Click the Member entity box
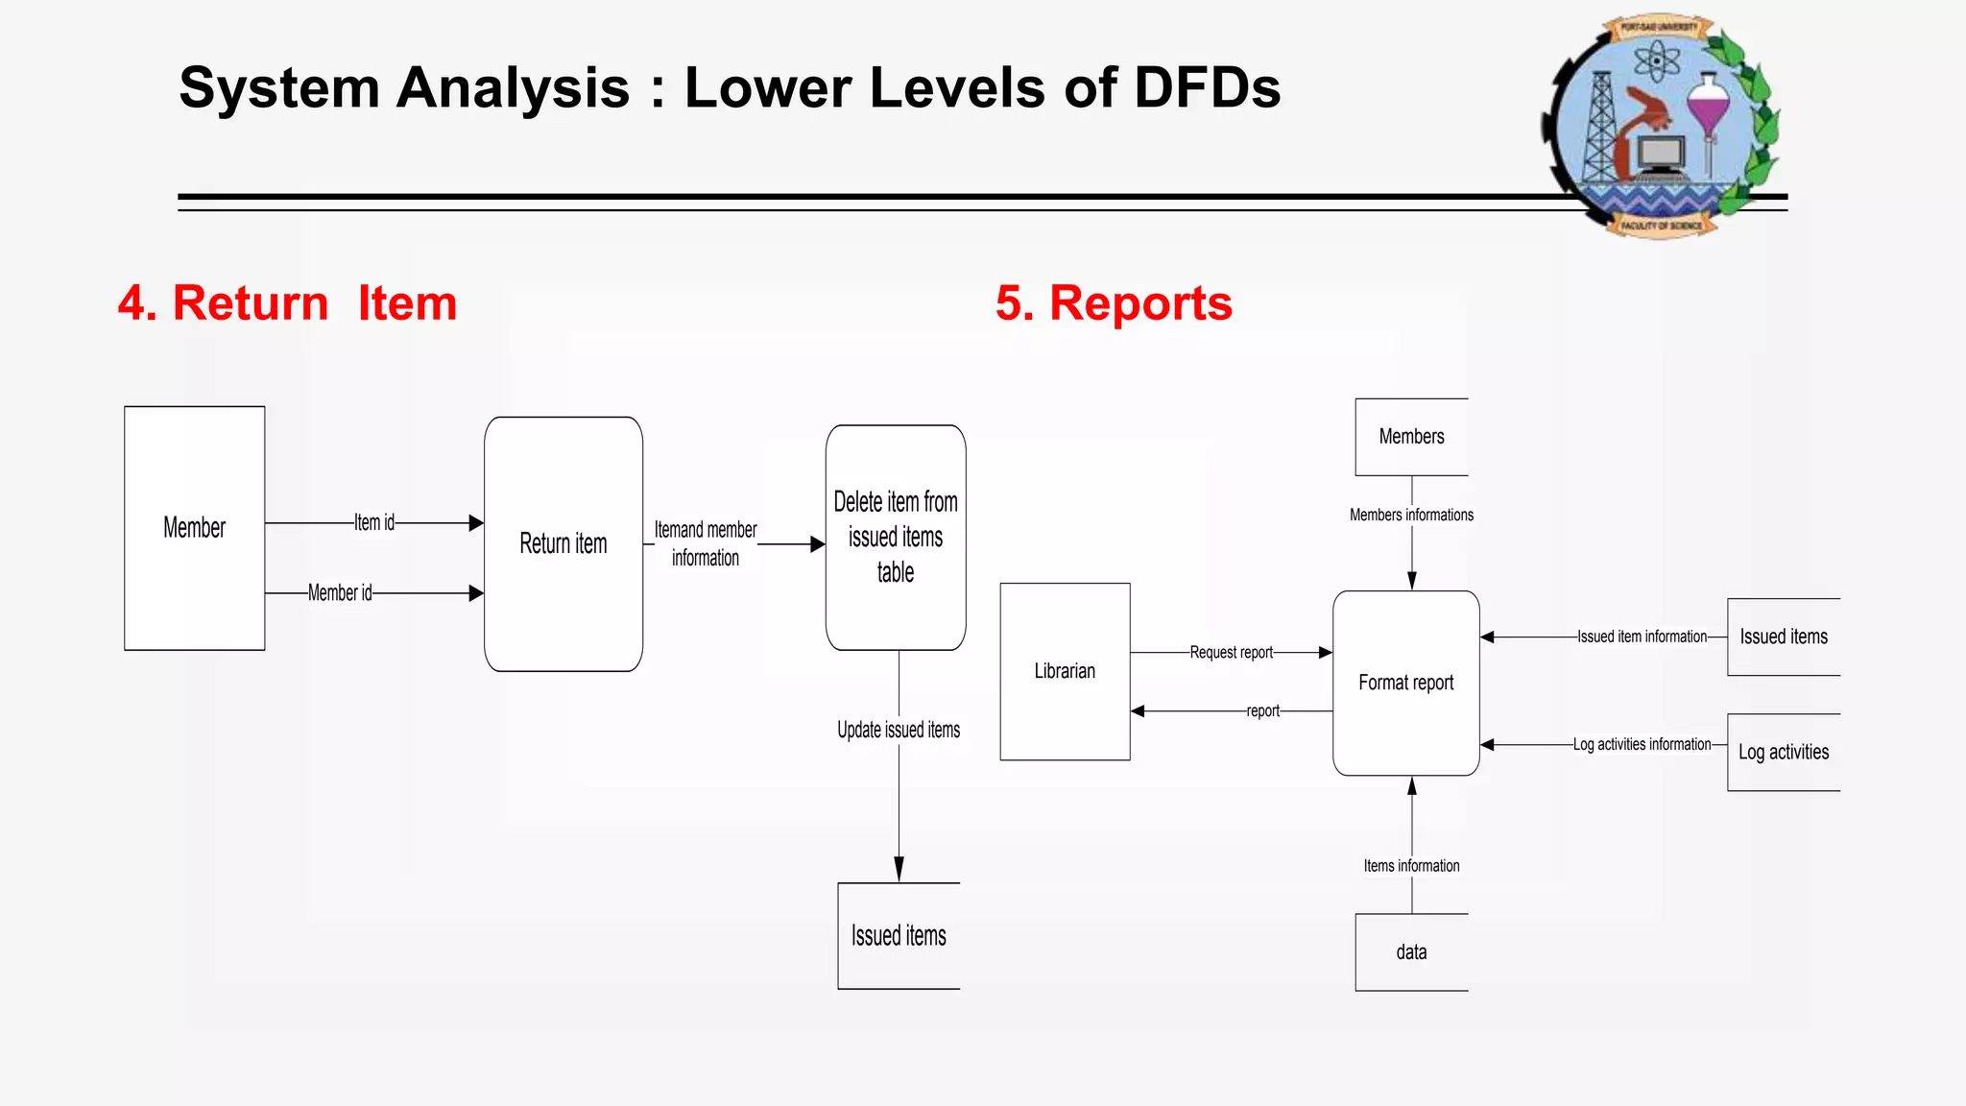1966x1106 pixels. click(x=194, y=528)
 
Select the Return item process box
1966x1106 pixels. click(x=563, y=543)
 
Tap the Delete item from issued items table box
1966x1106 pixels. click(x=896, y=537)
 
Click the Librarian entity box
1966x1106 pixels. click(x=1065, y=671)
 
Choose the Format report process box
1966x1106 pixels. click(x=1405, y=683)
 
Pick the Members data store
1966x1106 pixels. click(x=1411, y=437)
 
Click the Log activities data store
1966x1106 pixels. click(x=1783, y=752)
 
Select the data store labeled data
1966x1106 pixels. click(x=1411, y=952)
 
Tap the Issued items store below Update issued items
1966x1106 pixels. click(x=899, y=936)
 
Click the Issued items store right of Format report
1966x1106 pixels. click(x=1783, y=637)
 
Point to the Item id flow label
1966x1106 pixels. click(x=374, y=523)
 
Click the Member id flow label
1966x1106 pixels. click(x=340, y=593)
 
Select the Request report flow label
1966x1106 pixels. click(x=1231, y=653)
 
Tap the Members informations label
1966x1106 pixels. click(x=1411, y=516)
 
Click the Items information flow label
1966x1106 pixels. click(x=1411, y=866)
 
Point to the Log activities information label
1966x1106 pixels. click(x=1642, y=745)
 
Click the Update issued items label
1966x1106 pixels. click(x=899, y=731)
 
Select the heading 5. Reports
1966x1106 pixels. click(x=1114, y=303)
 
